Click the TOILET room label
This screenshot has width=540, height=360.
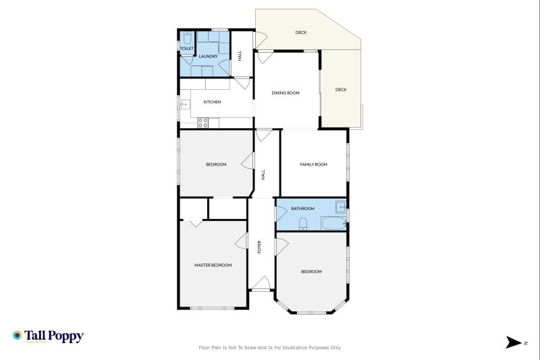(x=186, y=49)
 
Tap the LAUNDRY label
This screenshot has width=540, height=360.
(x=208, y=57)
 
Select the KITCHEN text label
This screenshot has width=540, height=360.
(x=212, y=102)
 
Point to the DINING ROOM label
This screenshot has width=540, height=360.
(x=286, y=93)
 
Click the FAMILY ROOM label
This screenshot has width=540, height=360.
(x=313, y=164)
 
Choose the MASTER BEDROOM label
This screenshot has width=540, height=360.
(x=213, y=265)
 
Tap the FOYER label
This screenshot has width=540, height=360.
(x=260, y=247)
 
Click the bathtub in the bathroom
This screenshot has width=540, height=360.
(x=333, y=223)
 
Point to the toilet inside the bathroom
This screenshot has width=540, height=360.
(x=303, y=224)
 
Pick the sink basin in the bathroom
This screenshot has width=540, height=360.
(x=342, y=206)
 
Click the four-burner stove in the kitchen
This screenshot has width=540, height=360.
(x=202, y=122)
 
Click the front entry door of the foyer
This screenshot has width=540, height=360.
(x=261, y=284)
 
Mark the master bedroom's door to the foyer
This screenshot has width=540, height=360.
(x=240, y=242)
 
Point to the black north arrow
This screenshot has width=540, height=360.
(x=514, y=342)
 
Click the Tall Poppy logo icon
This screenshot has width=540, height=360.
(x=17, y=335)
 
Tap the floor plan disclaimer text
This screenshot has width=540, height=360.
(x=269, y=348)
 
